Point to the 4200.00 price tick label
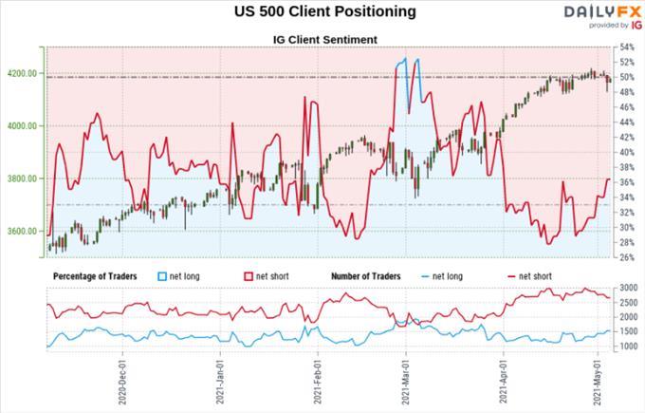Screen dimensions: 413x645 click(x=21, y=73)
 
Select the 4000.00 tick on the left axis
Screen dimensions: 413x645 click(x=21, y=125)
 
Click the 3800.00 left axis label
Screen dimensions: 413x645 click(x=21, y=178)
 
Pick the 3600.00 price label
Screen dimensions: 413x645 click(x=21, y=231)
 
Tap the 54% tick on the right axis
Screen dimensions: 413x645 click(x=625, y=47)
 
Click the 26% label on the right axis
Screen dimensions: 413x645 click(x=625, y=256)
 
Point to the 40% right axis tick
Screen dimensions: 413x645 click(x=625, y=152)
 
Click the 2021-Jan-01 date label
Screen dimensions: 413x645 click(x=220, y=383)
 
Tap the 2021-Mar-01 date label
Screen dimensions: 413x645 click(x=406, y=383)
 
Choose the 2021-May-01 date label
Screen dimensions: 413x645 click(x=597, y=383)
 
